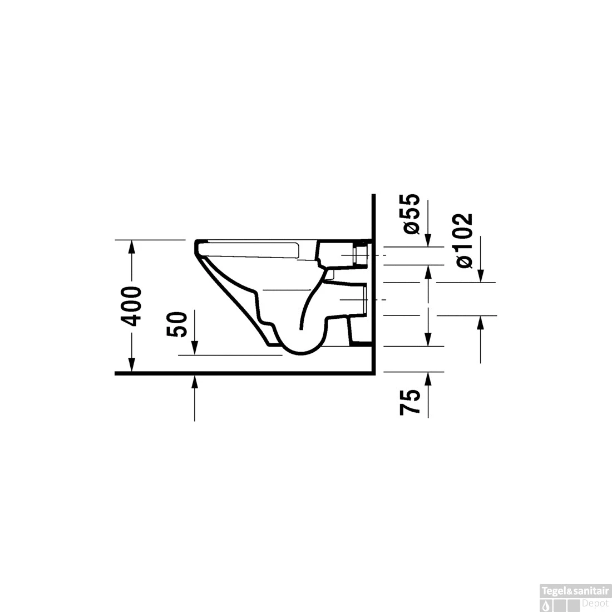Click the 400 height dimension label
131,307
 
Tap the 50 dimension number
177,324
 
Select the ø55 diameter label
411,214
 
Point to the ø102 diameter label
465,241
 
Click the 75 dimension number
410,402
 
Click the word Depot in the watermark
595,603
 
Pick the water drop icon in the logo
546,605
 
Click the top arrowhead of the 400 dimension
132,246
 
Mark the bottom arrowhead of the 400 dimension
132,365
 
